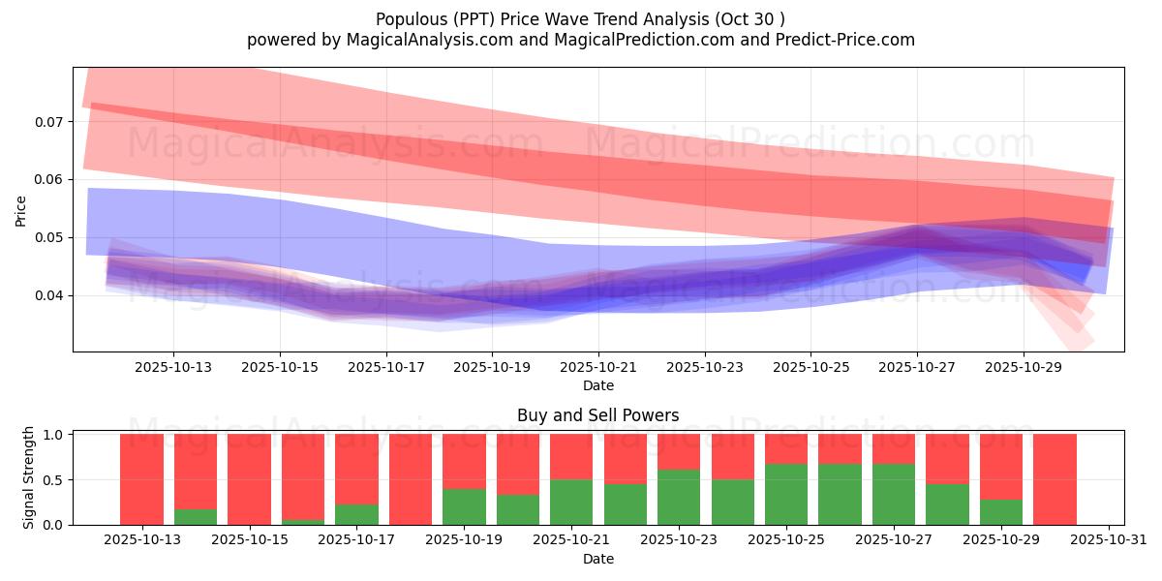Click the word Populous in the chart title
point(409,18)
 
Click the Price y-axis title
point(20,209)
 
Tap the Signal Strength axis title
point(29,476)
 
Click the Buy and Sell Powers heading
point(597,415)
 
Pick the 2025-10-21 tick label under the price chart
point(597,368)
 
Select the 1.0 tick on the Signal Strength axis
point(54,435)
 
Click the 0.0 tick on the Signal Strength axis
point(54,525)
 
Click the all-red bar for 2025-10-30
point(1055,479)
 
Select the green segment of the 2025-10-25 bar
point(785,495)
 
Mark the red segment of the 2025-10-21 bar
point(571,456)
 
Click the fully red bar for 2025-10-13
point(141,479)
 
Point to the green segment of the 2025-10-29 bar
point(1001,512)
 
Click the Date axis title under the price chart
point(597,385)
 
